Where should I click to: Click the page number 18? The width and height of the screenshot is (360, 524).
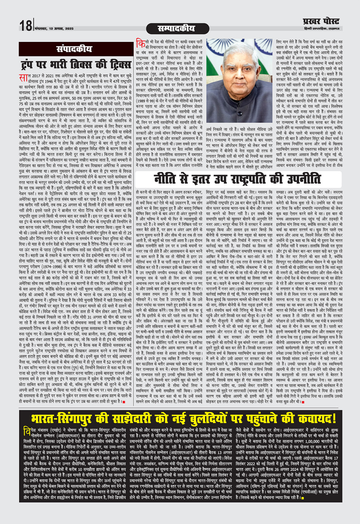(26, 26)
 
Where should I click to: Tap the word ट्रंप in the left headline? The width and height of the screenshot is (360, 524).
(32, 62)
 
